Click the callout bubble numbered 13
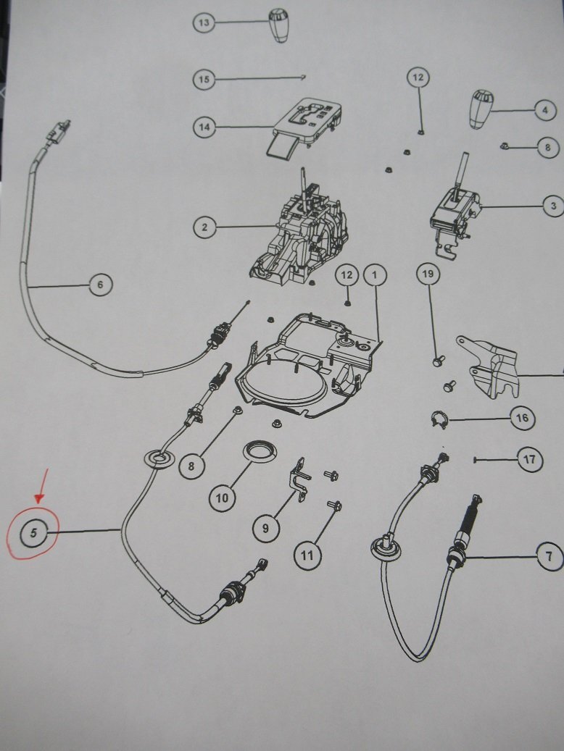(204, 22)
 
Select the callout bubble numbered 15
(204, 79)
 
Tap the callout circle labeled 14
(204, 127)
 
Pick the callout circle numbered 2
(204, 227)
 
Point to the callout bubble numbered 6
(100, 285)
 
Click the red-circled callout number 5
(33, 532)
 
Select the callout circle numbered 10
(222, 498)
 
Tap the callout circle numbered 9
(266, 528)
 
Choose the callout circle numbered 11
(307, 555)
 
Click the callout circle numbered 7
(550, 556)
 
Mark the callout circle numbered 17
(529, 460)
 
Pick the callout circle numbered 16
(522, 418)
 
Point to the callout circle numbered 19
(428, 274)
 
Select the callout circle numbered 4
(545, 111)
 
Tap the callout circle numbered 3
(553, 206)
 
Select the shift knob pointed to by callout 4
(481, 109)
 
